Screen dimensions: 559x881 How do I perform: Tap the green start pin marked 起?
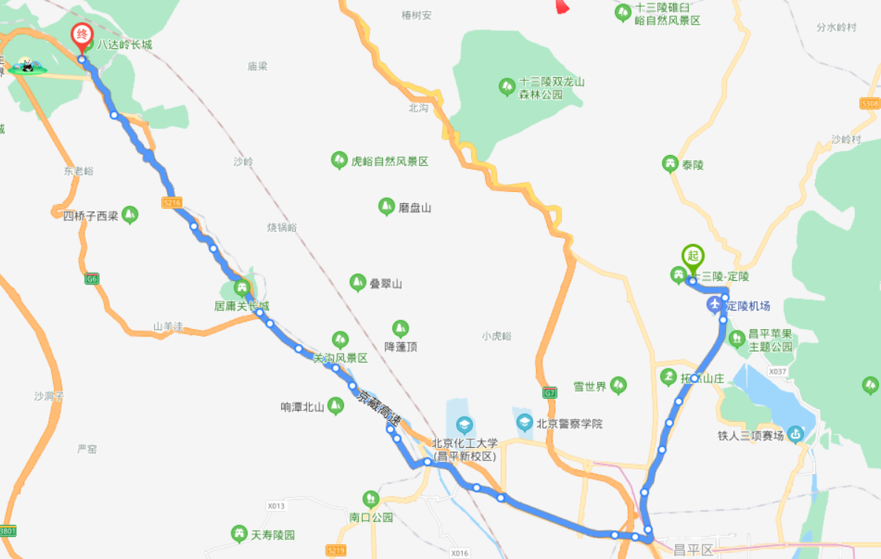693,256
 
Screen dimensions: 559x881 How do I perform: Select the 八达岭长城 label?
125,44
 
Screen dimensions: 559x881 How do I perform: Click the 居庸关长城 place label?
242,305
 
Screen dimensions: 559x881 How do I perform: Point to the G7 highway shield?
550,391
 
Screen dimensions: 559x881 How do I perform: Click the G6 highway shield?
92,279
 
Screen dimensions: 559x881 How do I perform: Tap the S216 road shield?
171,202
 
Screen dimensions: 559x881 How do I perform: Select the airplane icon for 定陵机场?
714,305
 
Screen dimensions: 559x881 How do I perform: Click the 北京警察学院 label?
570,424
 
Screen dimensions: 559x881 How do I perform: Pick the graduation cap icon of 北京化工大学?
464,425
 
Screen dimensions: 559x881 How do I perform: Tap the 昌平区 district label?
693,550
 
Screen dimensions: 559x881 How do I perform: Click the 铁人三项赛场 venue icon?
796,434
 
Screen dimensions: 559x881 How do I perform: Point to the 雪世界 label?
590,386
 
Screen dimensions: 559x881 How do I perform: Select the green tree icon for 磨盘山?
386,207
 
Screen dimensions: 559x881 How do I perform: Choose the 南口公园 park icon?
370,499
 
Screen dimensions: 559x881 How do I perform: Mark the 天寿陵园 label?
273,535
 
